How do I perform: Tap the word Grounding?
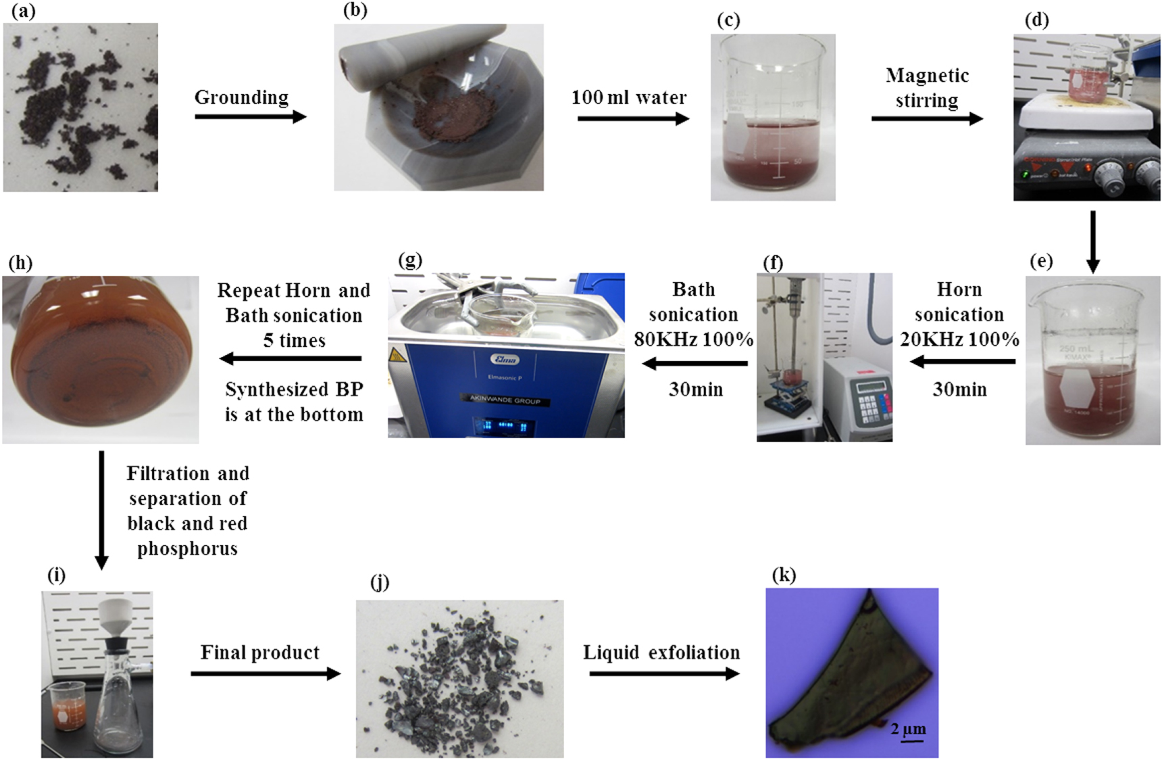(x=241, y=97)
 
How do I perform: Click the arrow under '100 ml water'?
(x=632, y=119)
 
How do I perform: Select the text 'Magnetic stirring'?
(x=927, y=88)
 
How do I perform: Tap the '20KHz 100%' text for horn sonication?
(x=959, y=339)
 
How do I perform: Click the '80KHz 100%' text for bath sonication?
(x=693, y=339)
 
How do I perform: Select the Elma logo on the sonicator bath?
(x=504, y=359)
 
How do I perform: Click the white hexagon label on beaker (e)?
(x=1074, y=388)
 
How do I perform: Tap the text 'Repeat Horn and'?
(x=294, y=291)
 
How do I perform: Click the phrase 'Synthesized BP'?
(x=294, y=390)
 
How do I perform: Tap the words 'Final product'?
(x=260, y=652)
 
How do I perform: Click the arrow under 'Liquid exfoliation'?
(x=663, y=673)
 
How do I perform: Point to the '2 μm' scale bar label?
(x=908, y=728)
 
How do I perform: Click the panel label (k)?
(x=784, y=575)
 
